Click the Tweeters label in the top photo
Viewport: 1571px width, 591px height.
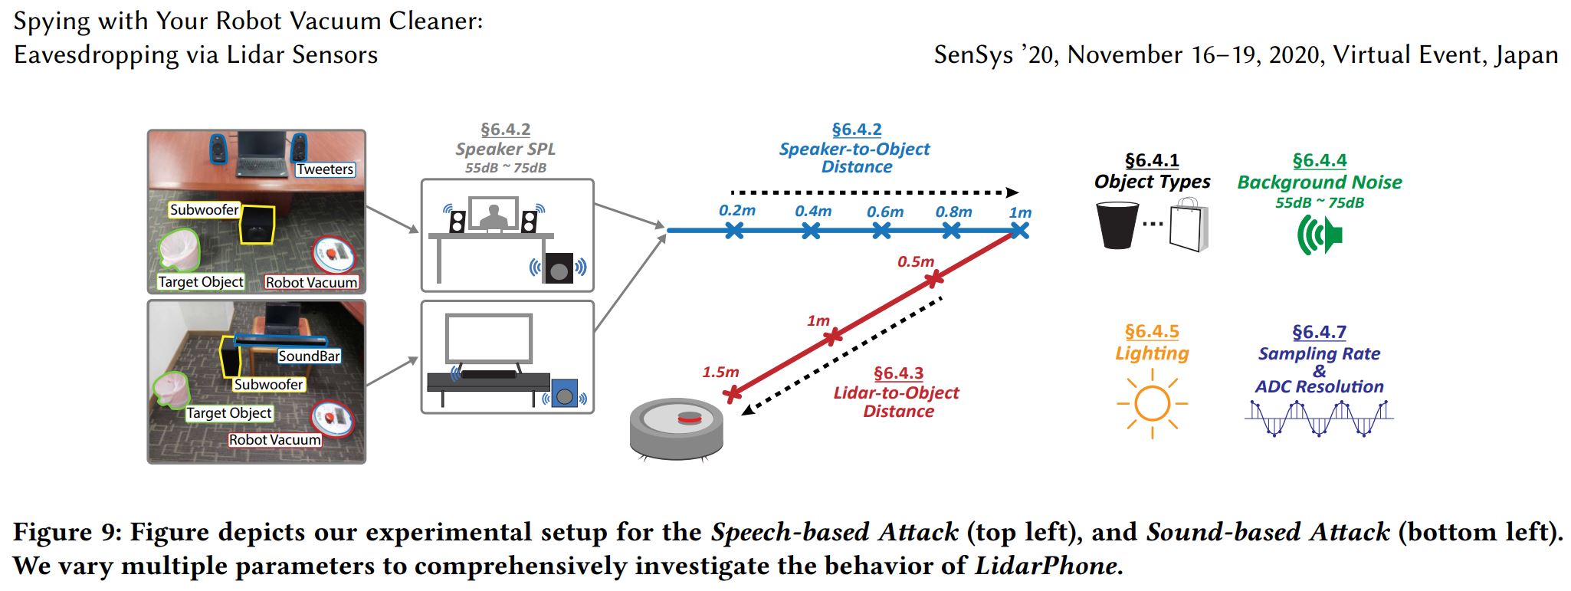point(325,169)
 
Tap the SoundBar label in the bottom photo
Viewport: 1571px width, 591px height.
point(309,356)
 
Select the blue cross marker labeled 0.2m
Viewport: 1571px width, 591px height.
point(734,230)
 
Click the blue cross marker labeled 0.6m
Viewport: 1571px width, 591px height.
point(882,230)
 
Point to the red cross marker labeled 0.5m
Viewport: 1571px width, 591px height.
point(933,279)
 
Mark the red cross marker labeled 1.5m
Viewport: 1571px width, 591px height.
point(733,395)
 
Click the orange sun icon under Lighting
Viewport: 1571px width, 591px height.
point(1152,403)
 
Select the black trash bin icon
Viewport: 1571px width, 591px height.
point(1117,225)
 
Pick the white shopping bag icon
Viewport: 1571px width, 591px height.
point(1189,225)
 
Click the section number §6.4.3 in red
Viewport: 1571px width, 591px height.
point(898,373)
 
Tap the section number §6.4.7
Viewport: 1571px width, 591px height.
point(1319,332)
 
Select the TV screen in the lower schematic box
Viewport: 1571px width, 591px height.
point(489,339)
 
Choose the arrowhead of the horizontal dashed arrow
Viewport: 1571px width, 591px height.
point(1012,192)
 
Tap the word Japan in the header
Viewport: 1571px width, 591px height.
point(1525,55)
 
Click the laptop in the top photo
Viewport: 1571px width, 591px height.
point(258,154)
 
